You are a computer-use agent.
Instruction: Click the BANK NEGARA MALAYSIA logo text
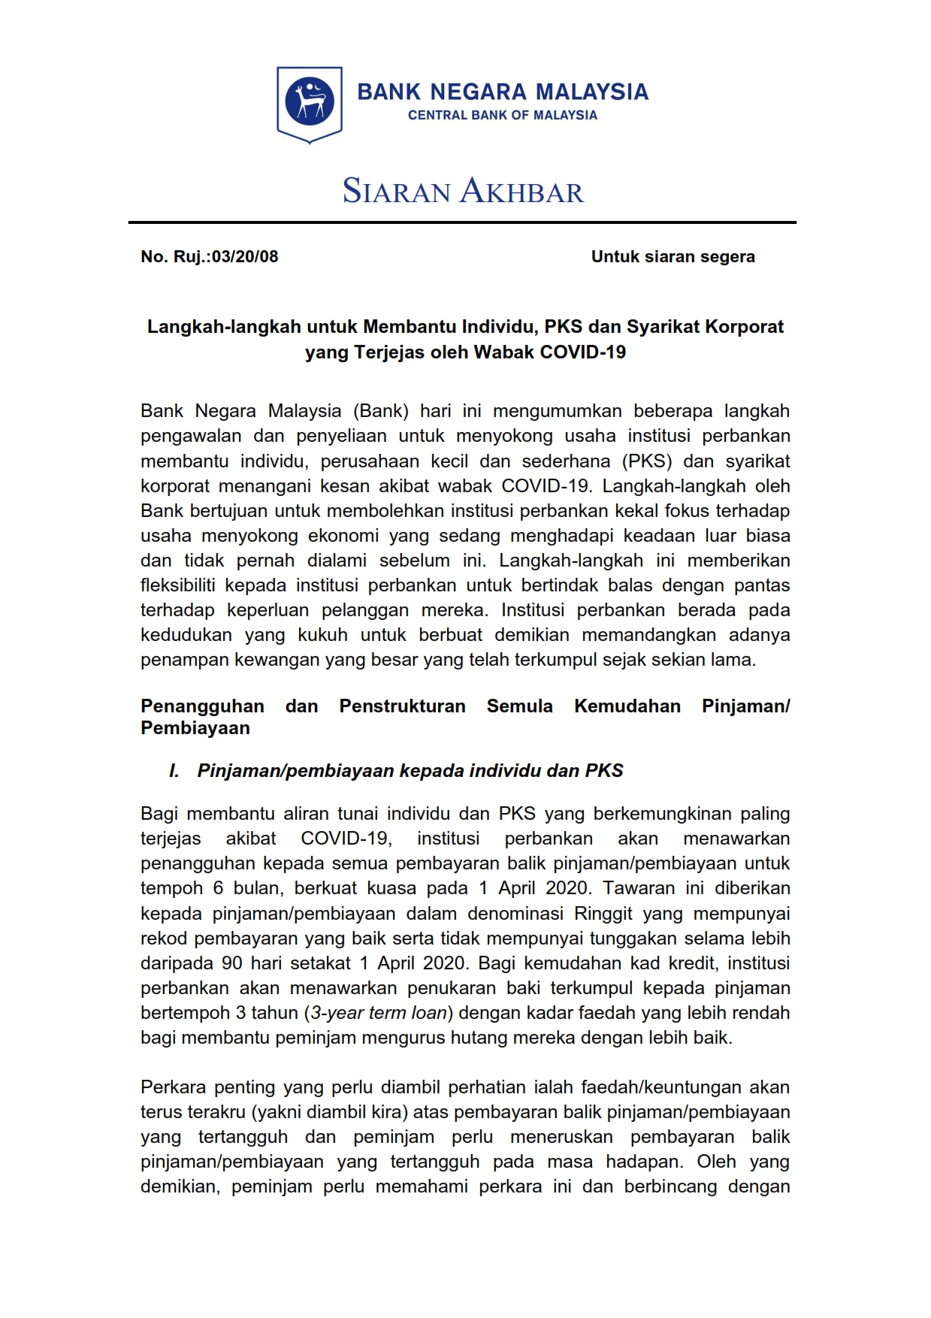(x=502, y=92)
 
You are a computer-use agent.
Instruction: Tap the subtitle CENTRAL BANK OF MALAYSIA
(x=502, y=115)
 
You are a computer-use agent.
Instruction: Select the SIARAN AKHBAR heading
(x=463, y=191)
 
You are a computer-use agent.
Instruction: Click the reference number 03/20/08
(x=245, y=256)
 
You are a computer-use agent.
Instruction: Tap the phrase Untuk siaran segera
(x=673, y=256)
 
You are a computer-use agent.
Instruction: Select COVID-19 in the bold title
(x=582, y=352)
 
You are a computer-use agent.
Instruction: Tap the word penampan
(x=178, y=660)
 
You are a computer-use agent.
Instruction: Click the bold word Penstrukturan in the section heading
(x=402, y=706)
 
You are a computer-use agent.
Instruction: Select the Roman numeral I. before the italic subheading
(x=174, y=770)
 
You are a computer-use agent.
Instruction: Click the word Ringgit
(x=603, y=913)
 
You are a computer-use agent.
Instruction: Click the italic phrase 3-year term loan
(x=379, y=1012)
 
